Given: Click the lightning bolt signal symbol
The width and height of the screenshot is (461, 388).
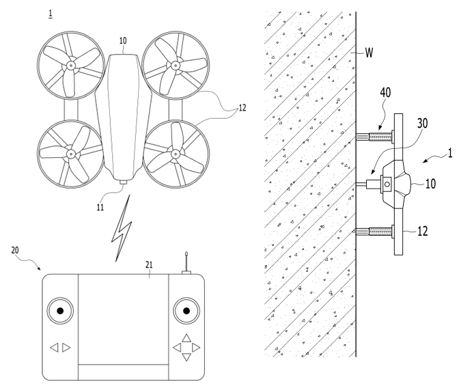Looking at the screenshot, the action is coord(122,228).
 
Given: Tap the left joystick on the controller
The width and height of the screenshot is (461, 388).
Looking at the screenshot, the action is coord(60,311).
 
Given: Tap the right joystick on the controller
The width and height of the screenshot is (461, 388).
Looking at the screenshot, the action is coord(186,311).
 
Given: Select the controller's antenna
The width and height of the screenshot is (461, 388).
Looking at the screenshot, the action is coord(186,263).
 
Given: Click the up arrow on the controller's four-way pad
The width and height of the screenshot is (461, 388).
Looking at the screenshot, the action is coord(186,338).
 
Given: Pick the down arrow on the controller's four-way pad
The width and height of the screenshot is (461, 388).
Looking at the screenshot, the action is coord(186,357).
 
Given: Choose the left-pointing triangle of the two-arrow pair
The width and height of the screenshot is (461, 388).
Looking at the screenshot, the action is coord(55,348).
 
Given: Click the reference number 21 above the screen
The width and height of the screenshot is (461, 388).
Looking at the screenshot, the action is coord(149,265).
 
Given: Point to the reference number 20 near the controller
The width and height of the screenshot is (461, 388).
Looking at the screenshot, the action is coord(15,250).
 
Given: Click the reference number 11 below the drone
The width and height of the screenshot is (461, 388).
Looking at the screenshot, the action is coord(100,208).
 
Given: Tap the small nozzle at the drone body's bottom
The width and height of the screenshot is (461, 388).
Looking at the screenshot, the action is coord(124,182).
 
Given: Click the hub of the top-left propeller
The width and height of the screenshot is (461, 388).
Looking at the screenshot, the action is coord(70,66).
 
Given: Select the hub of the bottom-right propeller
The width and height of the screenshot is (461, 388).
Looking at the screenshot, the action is coord(176,154).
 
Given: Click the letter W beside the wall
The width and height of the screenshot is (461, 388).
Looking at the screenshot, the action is coord(369,53).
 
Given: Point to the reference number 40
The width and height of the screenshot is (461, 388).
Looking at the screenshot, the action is coord(385,93).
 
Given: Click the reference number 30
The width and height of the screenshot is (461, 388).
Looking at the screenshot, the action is coord(423,124).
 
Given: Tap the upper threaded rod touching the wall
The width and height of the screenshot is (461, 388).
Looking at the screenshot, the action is coord(375,137).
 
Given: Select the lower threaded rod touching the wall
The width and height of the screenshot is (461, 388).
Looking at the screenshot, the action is coord(375,232).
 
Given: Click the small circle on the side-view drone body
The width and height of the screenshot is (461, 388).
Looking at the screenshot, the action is coord(387,184).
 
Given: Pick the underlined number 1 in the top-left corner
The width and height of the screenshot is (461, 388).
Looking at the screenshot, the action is coord(51,14).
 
